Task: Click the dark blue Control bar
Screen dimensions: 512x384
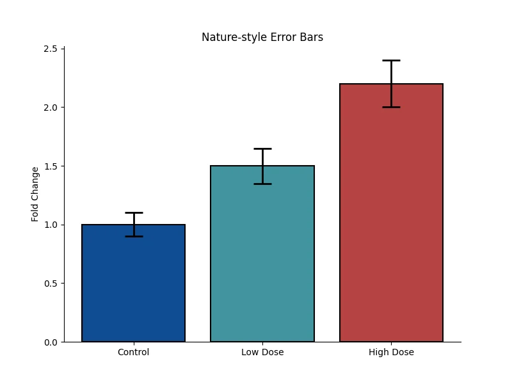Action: [134, 283]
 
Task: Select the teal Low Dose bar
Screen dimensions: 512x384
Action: [262, 253]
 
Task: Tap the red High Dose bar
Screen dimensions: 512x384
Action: [391, 213]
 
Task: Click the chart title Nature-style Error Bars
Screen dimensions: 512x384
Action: [262, 37]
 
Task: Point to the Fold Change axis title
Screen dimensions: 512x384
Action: [35, 195]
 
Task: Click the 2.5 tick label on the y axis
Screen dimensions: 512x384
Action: [51, 49]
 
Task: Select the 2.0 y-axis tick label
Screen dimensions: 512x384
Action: [51, 108]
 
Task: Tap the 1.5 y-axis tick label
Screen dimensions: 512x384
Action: [51, 166]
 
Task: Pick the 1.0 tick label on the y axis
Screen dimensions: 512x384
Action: [51, 225]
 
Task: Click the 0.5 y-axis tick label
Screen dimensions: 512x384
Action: [51, 284]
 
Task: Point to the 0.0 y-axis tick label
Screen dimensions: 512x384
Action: [51, 342]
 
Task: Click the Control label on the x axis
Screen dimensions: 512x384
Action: [134, 352]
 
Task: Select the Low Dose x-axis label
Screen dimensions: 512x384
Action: [262, 352]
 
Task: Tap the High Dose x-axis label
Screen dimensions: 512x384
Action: [391, 352]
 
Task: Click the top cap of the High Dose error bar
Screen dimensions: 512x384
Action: [391, 60]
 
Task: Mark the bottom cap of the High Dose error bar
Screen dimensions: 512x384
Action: [391, 107]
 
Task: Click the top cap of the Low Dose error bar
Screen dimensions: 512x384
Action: [262, 148]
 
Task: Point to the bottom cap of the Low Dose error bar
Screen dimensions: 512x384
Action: [262, 184]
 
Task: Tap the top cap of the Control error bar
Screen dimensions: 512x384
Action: [134, 212]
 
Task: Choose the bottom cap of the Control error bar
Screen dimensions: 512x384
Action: [134, 236]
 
